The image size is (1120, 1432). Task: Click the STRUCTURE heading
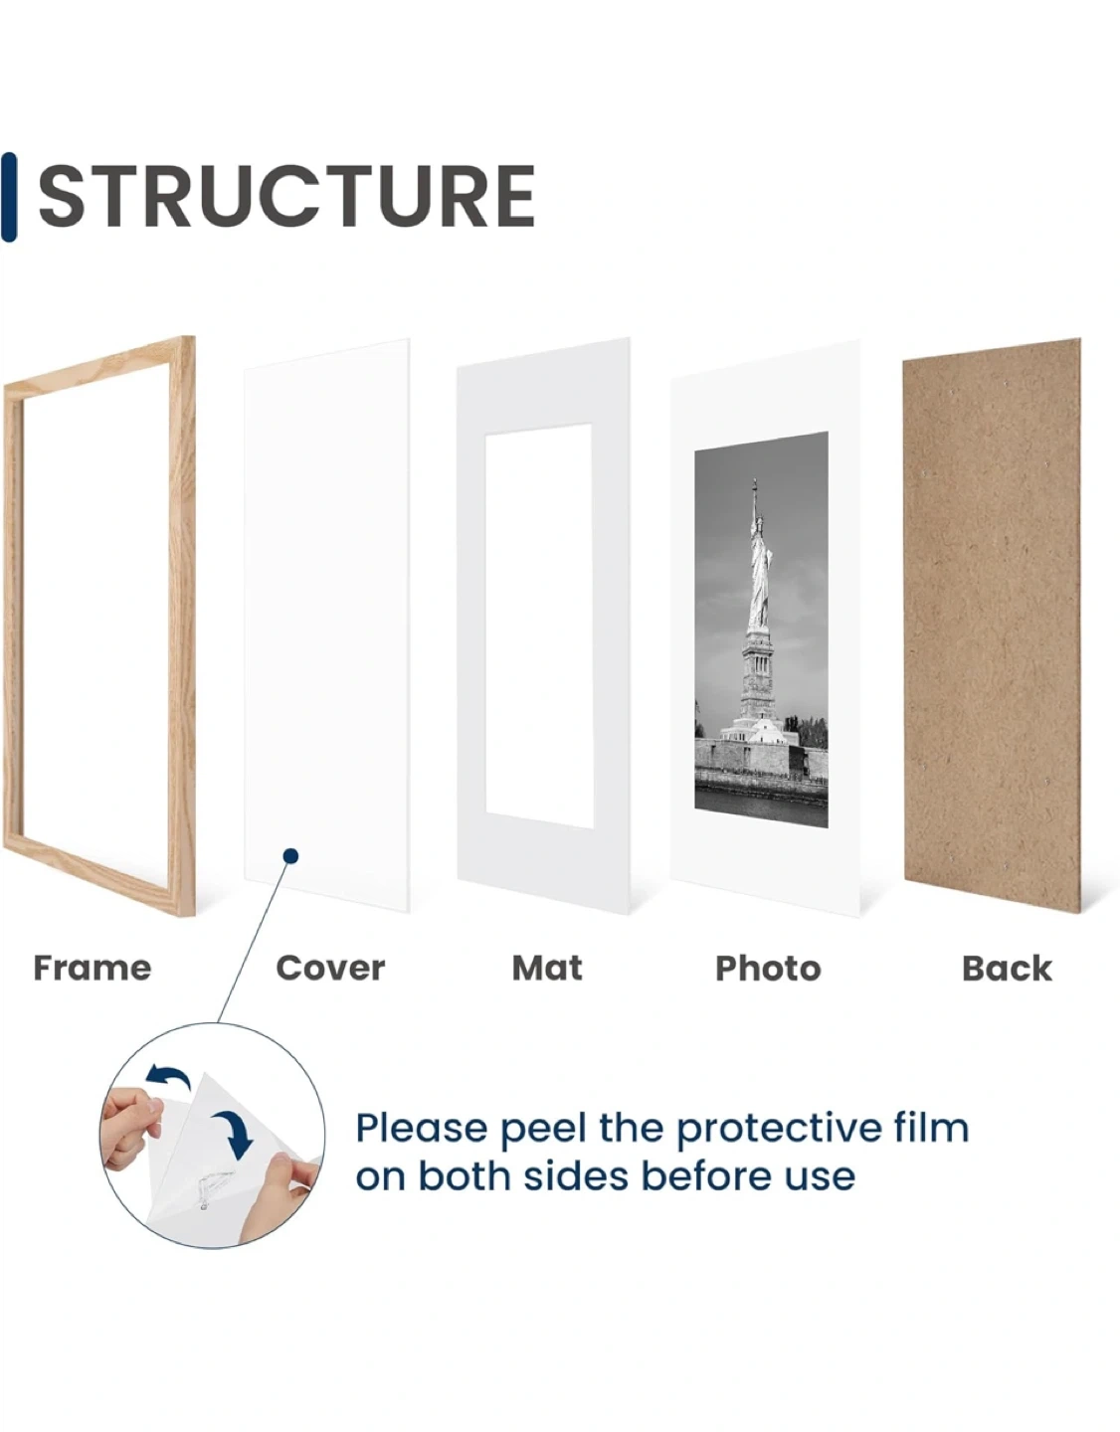pyautogui.click(x=285, y=196)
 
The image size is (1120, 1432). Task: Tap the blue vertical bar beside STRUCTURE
pyautogui.click(x=9, y=197)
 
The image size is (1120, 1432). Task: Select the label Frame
pyautogui.click(x=93, y=968)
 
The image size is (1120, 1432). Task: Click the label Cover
pyautogui.click(x=330, y=968)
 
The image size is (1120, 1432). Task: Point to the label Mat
pyautogui.click(x=547, y=968)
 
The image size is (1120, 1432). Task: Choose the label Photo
pyautogui.click(x=768, y=969)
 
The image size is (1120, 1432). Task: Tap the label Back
pyautogui.click(x=1007, y=968)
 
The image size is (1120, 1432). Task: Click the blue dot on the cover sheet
pyautogui.click(x=290, y=856)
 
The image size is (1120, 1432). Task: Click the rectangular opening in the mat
pyautogui.click(x=539, y=626)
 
